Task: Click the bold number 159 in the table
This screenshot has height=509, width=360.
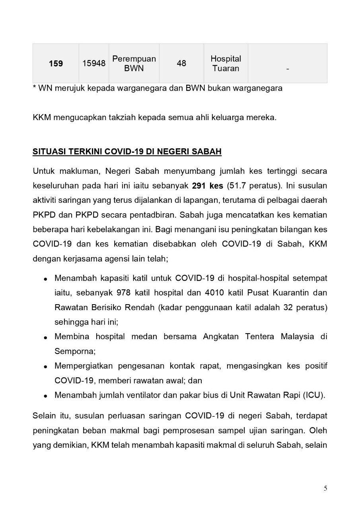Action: click(56, 64)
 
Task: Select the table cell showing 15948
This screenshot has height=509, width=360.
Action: click(94, 64)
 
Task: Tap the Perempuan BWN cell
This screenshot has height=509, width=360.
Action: click(134, 63)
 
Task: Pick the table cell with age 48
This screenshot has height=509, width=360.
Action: click(181, 64)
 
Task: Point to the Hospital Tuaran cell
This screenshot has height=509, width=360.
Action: click(226, 63)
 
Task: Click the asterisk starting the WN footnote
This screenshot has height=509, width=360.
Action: click(35, 87)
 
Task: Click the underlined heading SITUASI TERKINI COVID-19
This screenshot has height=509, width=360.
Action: click(127, 152)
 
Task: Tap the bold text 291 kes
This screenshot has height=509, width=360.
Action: click(207, 186)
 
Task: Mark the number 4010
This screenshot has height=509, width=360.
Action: click(216, 293)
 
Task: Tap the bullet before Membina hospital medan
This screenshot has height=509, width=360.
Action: click(46, 337)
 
